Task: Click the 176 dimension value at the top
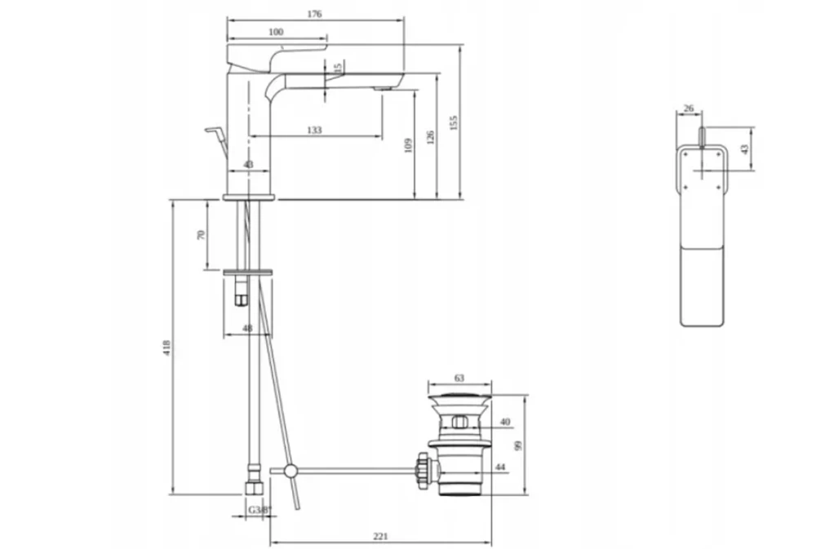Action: [x=315, y=14]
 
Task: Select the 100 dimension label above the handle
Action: [x=276, y=32]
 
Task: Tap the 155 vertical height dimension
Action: [x=455, y=121]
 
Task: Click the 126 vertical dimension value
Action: [x=431, y=135]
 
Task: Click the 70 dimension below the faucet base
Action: [x=201, y=235]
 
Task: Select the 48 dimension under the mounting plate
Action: [x=247, y=330]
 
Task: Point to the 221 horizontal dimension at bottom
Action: [x=379, y=536]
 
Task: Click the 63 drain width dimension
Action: [x=459, y=378]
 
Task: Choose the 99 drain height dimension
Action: [x=517, y=445]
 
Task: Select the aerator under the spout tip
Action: [x=380, y=87]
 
